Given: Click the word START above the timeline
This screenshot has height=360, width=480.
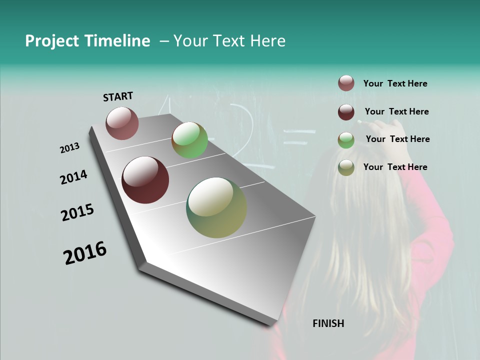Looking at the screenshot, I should [x=118, y=96].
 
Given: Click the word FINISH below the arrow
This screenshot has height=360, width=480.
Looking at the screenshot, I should [x=328, y=323].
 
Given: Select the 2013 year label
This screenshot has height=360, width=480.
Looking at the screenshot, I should [x=69, y=148].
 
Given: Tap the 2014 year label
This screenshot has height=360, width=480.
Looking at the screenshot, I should [x=73, y=177].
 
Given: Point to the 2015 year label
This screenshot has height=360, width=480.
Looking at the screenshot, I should [x=77, y=212].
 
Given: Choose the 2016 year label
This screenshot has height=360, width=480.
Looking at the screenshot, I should [x=85, y=253].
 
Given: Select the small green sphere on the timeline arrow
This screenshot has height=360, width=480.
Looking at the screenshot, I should [x=189, y=140].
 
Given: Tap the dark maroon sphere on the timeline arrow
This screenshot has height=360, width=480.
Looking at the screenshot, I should [x=145, y=180].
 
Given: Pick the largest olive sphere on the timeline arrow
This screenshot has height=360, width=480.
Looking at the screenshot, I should [x=216, y=207].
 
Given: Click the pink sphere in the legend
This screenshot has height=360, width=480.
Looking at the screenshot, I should [x=346, y=83].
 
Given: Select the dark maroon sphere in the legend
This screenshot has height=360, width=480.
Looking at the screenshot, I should [x=346, y=112].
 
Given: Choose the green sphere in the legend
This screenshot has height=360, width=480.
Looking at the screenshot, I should [x=346, y=140].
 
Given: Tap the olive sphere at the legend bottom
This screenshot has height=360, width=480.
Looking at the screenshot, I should [x=346, y=167].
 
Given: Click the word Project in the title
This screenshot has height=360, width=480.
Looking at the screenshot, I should [x=52, y=41].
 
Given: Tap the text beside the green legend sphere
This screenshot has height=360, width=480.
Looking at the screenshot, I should [x=397, y=139].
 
